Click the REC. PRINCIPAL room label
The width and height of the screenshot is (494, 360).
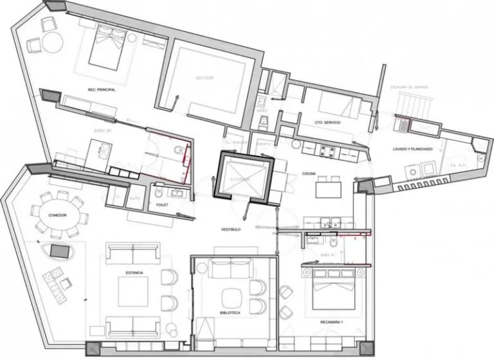click(102, 89)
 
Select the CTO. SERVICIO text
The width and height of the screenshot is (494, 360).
click(327, 122)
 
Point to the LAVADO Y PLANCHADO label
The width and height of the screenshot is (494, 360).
click(412, 149)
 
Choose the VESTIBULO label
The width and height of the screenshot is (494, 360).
click(232, 230)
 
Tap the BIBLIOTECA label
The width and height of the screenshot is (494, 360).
click(229, 312)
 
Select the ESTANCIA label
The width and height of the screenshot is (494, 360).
click(135, 273)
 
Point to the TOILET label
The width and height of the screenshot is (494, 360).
click(161, 204)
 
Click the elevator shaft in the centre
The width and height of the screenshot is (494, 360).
click(245, 177)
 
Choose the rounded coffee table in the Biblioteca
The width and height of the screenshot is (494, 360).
click(230, 298)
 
